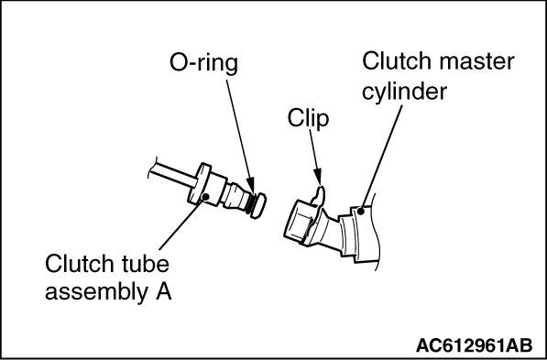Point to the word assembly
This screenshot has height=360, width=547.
pyautogui.click(x=100, y=294)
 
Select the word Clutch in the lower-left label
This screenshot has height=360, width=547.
pyautogui.click(x=78, y=267)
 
